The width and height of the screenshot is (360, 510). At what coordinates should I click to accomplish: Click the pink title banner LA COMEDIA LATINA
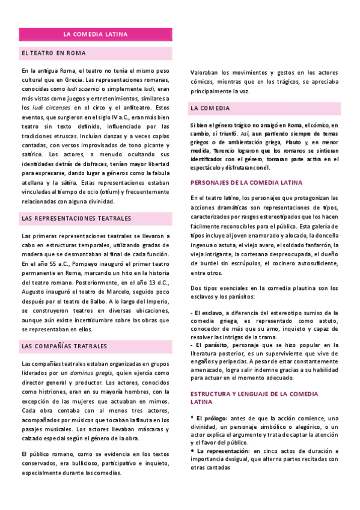96,34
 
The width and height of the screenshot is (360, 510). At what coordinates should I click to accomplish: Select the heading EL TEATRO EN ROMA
53,53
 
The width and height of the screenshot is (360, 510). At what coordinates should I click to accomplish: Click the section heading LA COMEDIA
210,108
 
